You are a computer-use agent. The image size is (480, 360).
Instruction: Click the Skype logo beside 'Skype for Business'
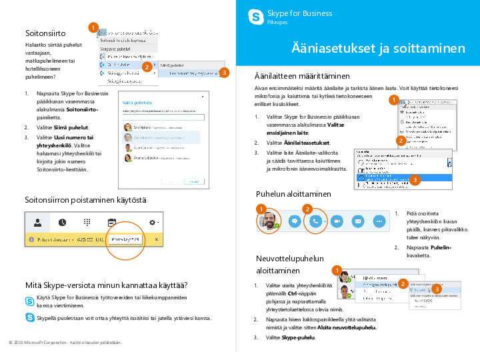pos(254,17)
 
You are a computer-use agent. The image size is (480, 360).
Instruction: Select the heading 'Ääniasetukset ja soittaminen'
pos(378,49)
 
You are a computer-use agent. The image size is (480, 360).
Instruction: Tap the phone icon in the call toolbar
pos(316,220)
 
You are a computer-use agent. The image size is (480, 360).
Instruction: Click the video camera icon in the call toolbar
pos(337,220)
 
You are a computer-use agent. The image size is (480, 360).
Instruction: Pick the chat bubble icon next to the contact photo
pos(294,220)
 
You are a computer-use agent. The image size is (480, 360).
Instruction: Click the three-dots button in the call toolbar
pos(379,220)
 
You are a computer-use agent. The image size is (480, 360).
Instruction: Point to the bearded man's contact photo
pos(268,220)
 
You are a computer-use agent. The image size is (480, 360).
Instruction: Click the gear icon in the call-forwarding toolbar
pos(153,222)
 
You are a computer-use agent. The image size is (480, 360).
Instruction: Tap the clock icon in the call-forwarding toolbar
pos(62,222)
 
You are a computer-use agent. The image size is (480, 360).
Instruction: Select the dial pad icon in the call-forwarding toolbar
pos(87,222)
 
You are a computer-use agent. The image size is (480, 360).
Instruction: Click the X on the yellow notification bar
pos(157,239)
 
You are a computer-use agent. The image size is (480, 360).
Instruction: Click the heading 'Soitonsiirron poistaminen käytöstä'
pos(85,199)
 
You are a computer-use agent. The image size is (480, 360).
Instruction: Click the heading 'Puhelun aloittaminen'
pos(293,194)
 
